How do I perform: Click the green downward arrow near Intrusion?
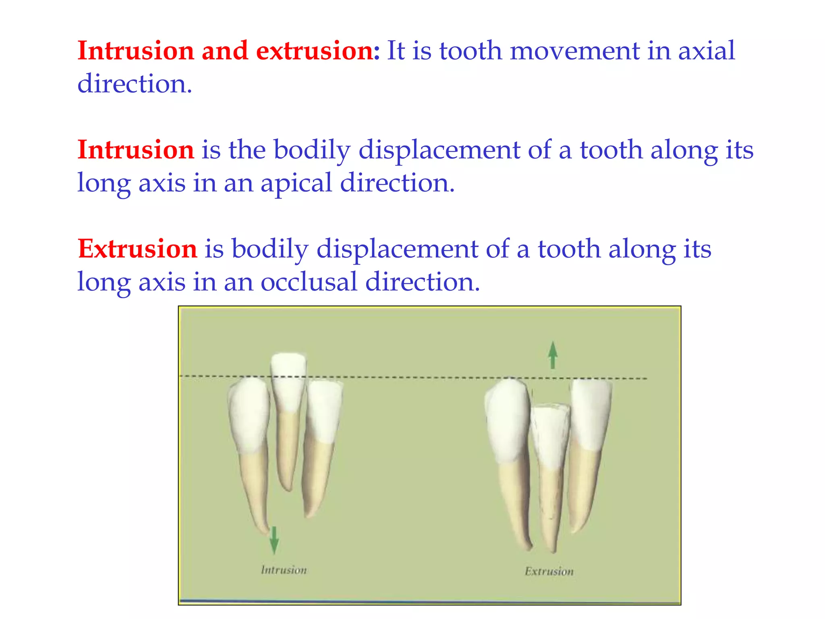pos(274,540)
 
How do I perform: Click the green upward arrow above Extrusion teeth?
pos(553,355)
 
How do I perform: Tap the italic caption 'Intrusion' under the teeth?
pos(284,570)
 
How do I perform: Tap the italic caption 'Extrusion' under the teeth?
pos(549,571)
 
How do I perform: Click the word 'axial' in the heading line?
pos(707,51)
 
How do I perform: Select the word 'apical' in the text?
pos(296,183)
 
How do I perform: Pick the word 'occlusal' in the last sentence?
pos(309,282)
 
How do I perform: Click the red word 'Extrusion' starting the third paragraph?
pos(137,249)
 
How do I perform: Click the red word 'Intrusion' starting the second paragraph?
pos(136,150)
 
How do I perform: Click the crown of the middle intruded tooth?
pos(288,381)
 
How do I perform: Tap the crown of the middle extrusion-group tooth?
pos(549,435)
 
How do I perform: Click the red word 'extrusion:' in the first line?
pos(317,51)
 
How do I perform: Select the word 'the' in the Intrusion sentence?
pos(247,150)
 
